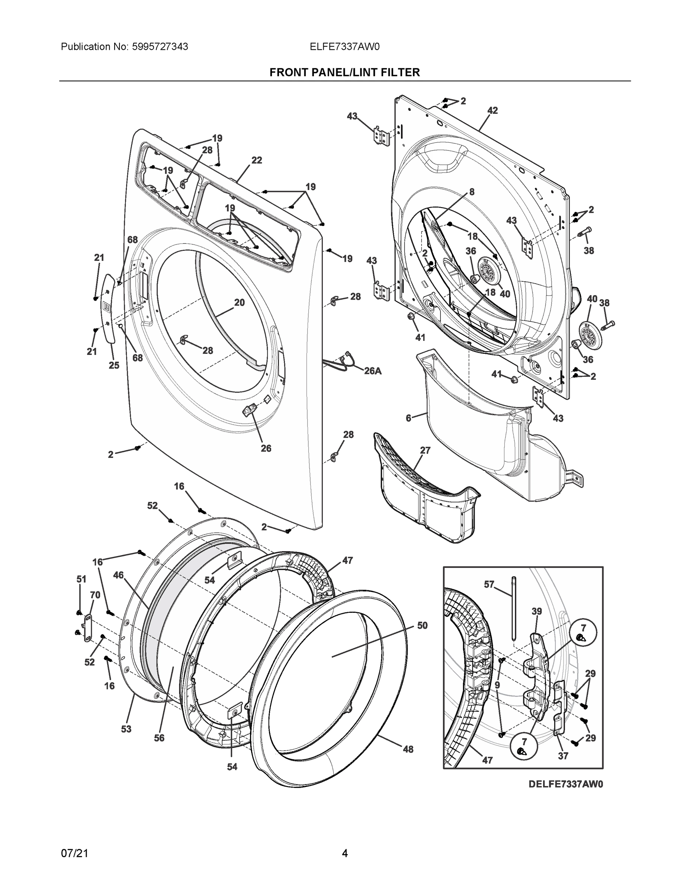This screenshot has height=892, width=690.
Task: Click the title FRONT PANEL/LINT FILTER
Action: (x=344, y=72)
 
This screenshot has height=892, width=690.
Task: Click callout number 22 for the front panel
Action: (x=256, y=161)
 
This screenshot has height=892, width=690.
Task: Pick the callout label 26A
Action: (x=372, y=371)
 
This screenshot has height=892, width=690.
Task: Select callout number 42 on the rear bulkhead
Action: (x=492, y=110)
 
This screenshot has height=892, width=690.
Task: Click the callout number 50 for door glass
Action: (x=422, y=625)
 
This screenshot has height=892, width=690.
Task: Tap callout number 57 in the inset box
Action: (x=489, y=585)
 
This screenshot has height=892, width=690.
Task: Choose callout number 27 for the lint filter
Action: (x=425, y=450)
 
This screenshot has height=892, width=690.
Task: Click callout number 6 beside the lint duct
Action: (x=408, y=418)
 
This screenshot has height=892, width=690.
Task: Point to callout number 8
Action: (x=471, y=191)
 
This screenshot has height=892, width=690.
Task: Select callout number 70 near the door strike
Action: (x=95, y=595)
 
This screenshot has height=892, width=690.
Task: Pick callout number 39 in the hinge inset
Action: (x=537, y=611)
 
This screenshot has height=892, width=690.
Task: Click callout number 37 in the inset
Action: (x=563, y=756)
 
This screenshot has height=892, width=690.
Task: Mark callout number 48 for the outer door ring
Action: (x=408, y=749)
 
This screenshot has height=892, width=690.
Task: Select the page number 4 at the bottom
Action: (x=344, y=853)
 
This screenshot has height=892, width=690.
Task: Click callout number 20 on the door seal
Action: (x=239, y=303)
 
